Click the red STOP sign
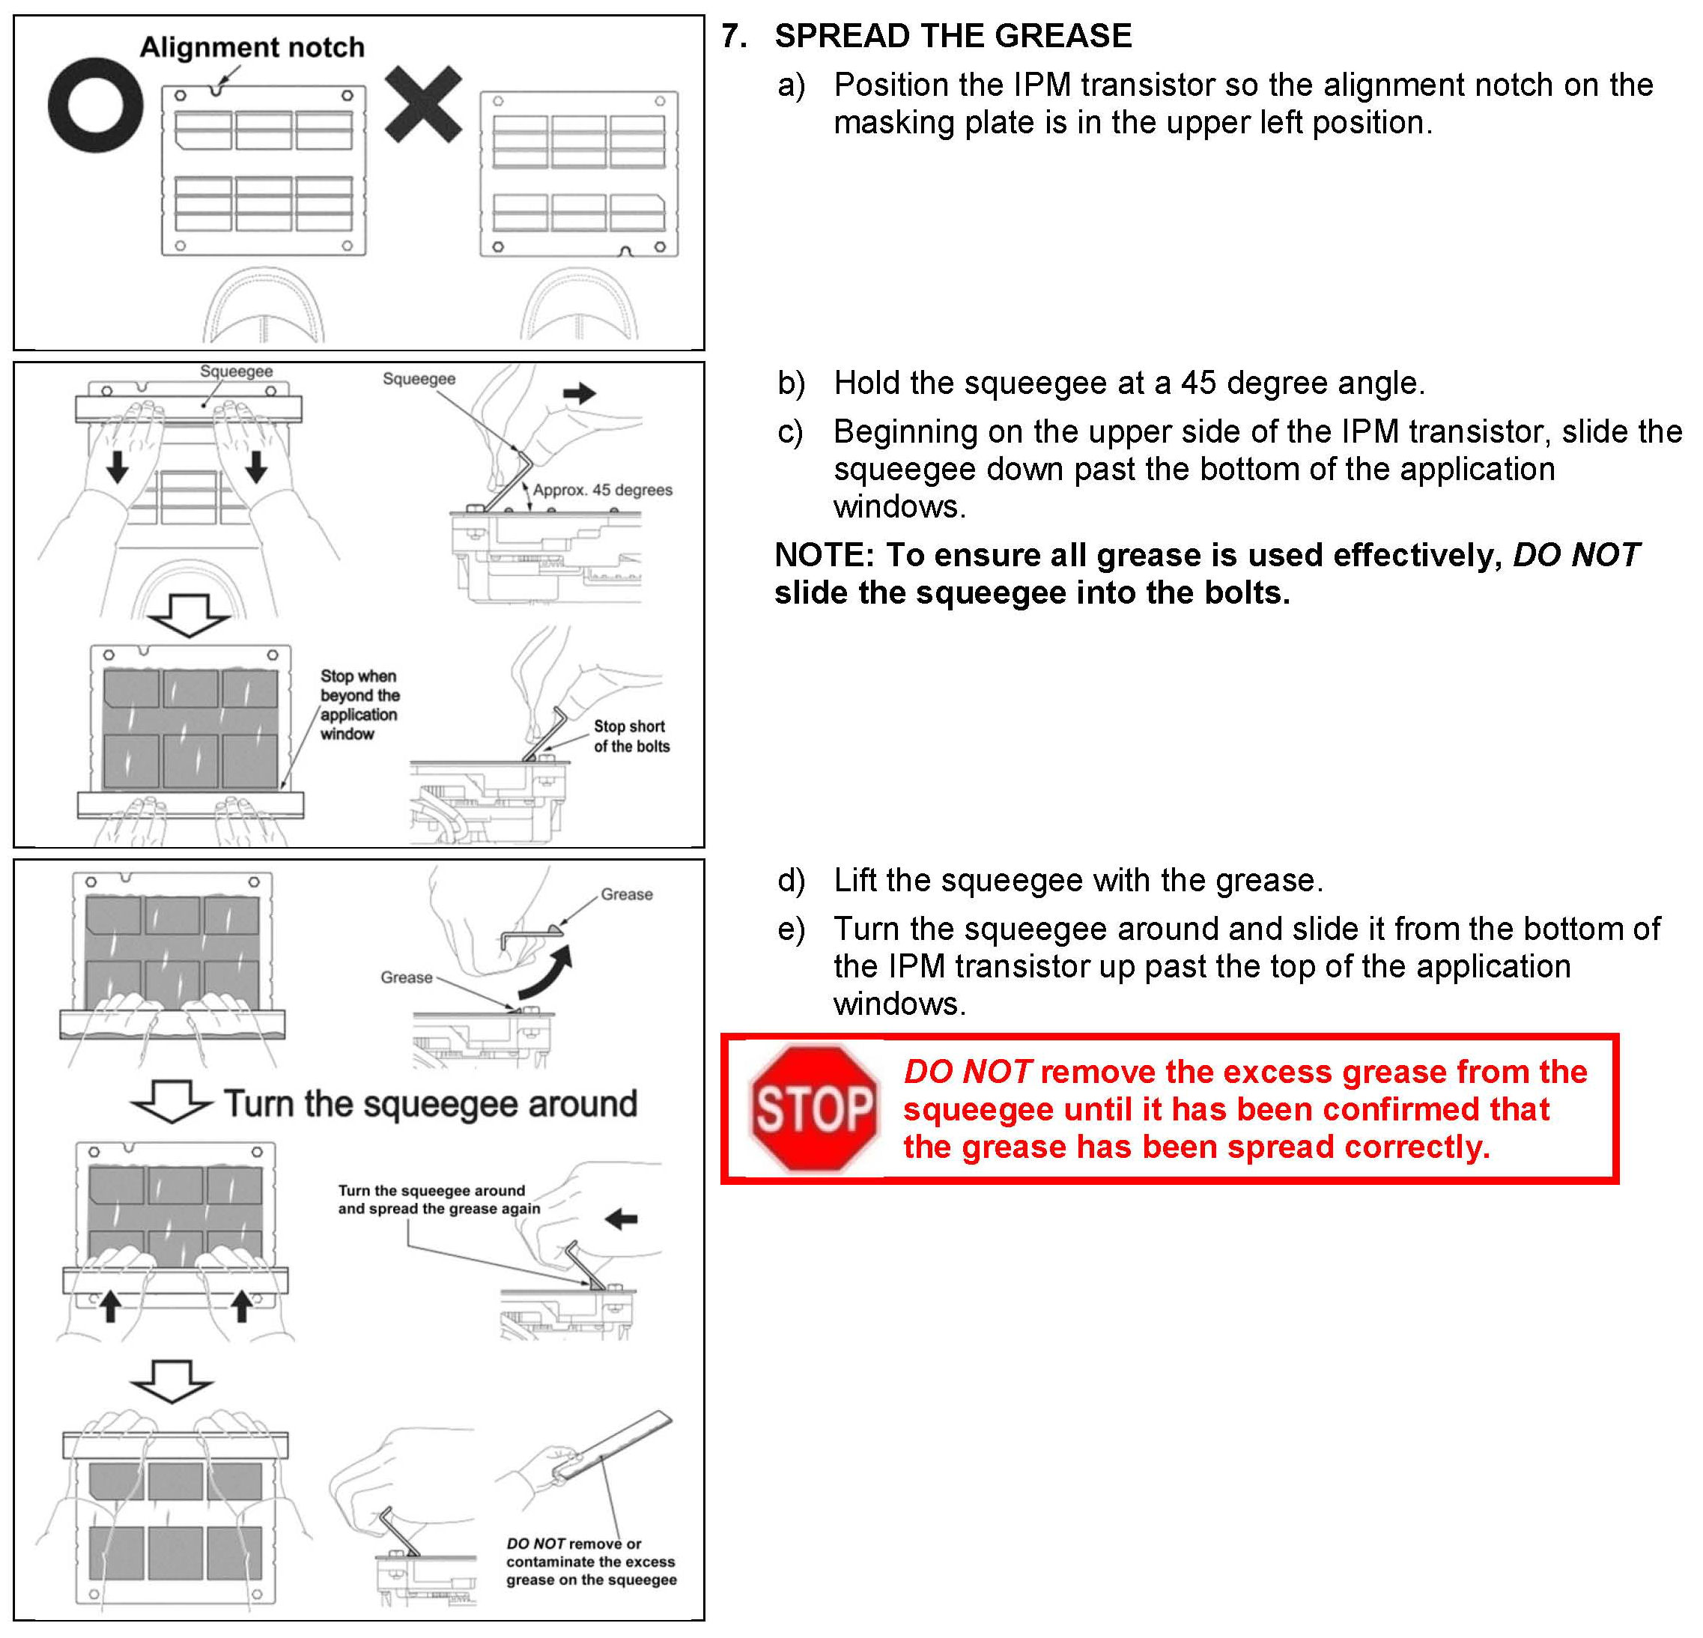(813, 1108)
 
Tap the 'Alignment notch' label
(252, 47)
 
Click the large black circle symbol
(96, 105)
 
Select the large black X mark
(423, 104)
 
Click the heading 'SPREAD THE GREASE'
(953, 36)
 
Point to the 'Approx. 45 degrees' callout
(602, 490)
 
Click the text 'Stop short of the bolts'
(631, 736)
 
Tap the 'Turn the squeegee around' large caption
(431, 1103)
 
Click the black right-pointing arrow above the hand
(579, 392)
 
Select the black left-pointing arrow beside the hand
(622, 1219)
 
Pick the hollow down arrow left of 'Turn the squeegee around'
(171, 1101)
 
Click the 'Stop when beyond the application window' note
(359, 705)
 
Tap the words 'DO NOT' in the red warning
(967, 1073)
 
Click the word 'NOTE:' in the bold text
(824, 555)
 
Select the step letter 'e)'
(792, 929)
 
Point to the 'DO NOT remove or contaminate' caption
(591, 1562)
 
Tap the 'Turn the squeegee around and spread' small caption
(439, 1199)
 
